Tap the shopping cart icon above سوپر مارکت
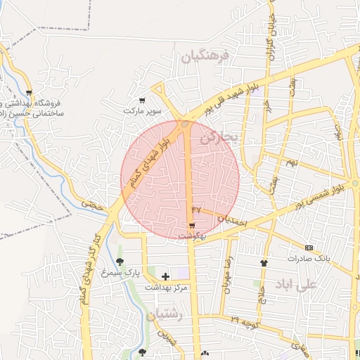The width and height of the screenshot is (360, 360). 143,101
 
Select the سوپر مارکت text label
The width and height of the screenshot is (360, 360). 143,111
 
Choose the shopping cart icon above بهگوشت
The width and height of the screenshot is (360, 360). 192,225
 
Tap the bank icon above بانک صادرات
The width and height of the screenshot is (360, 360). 310,247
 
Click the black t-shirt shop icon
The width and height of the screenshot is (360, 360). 264,262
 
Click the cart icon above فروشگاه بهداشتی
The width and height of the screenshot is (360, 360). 29,92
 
